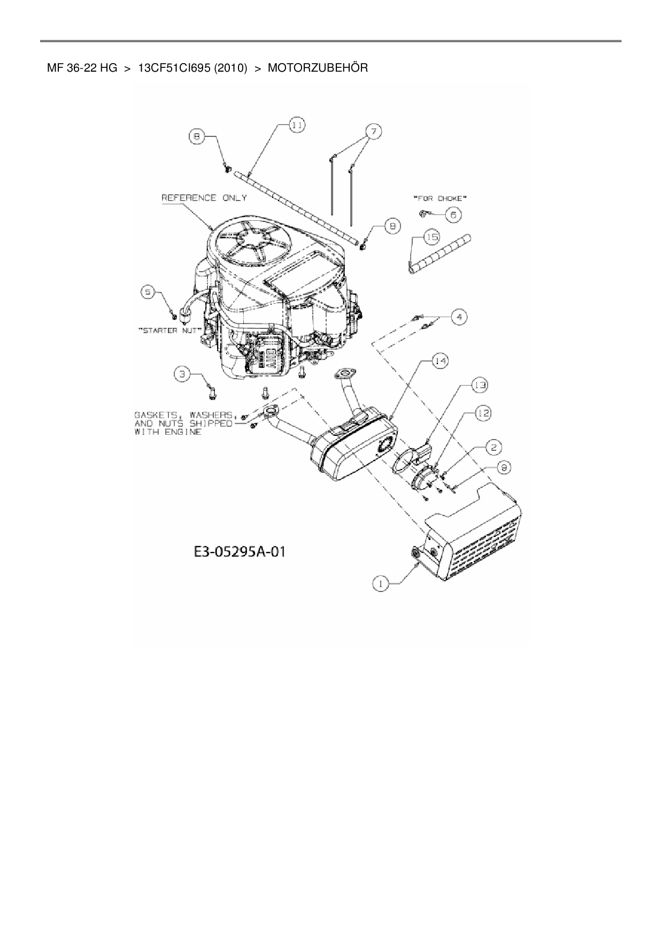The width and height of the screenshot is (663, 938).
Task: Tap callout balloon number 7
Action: tap(374, 131)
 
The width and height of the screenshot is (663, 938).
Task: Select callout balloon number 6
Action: tap(453, 215)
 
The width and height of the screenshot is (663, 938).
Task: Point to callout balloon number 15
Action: tap(431, 236)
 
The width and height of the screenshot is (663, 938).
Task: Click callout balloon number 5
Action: tap(148, 292)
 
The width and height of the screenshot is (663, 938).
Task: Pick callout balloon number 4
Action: tap(458, 317)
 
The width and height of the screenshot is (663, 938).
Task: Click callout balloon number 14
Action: tap(440, 362)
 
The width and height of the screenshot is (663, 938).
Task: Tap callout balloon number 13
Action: tap(479, 385)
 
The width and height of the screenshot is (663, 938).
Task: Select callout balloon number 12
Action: tap(483, 413)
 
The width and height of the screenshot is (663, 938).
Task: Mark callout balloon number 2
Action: tap(494, 447)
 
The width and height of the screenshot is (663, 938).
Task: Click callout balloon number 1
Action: tap(380, 584)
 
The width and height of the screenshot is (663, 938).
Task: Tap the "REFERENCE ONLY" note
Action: tap(204, 198)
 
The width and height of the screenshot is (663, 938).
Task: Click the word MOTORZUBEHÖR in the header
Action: tap(318, 68)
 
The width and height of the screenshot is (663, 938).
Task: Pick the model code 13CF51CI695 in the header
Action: tap(175, 68)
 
